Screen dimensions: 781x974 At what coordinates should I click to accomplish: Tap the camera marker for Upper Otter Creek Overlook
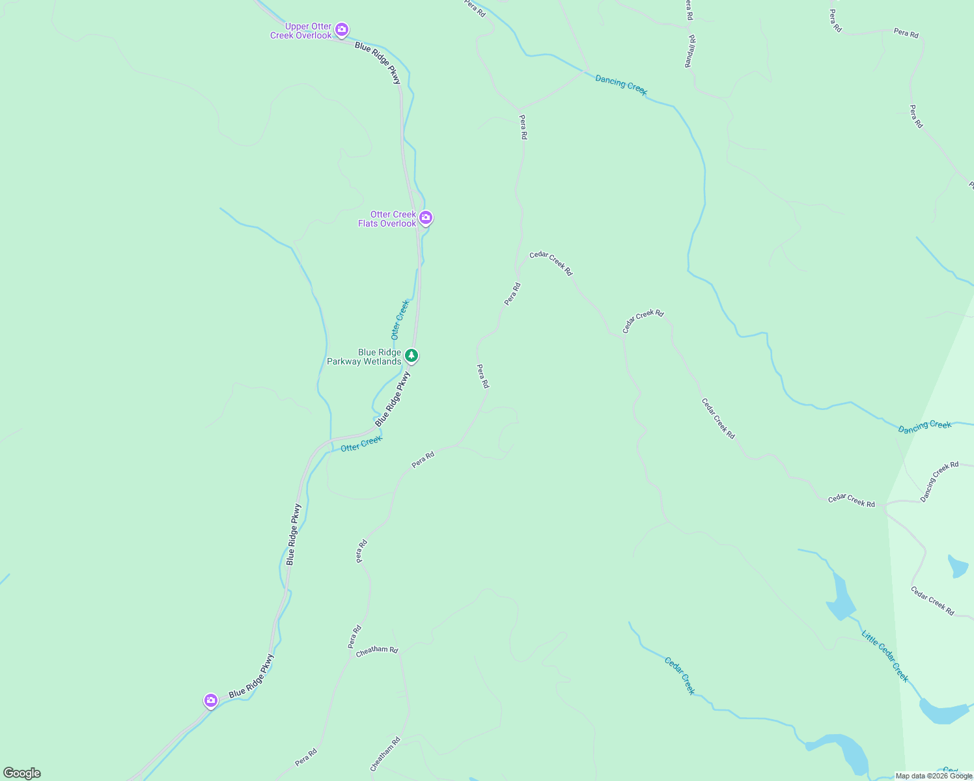(342, 30)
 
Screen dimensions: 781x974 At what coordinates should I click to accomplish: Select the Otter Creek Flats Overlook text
(387, 219)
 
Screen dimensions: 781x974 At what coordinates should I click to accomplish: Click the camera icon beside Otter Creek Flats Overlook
(425, 217)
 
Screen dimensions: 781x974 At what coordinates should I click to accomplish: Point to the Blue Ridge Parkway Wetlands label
(364, 357)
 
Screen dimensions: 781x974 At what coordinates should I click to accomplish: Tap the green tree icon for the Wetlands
(411, 355)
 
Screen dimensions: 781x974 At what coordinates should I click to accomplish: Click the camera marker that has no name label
(210, 700)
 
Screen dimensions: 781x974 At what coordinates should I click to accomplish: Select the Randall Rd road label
(690, 51)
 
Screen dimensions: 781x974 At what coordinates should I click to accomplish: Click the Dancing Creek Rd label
(939, 482)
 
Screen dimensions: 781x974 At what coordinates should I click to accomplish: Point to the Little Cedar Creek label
(885, 656)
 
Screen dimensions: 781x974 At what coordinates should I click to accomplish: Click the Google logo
(21, 773)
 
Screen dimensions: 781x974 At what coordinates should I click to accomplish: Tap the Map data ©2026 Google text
(934, 776)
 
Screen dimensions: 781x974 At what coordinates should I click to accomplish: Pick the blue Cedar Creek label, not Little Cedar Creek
(680, 676)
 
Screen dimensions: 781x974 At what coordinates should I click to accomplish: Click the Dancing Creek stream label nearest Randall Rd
(621, 85)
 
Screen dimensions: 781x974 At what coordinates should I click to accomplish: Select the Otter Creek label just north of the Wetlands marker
(400, 320)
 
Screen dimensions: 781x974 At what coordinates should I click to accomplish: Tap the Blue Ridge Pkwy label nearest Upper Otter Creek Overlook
(378, 62)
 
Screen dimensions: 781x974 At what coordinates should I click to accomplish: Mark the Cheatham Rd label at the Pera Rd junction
(376, 650)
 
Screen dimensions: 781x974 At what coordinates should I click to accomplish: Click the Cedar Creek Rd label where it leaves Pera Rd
(551, 263)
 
